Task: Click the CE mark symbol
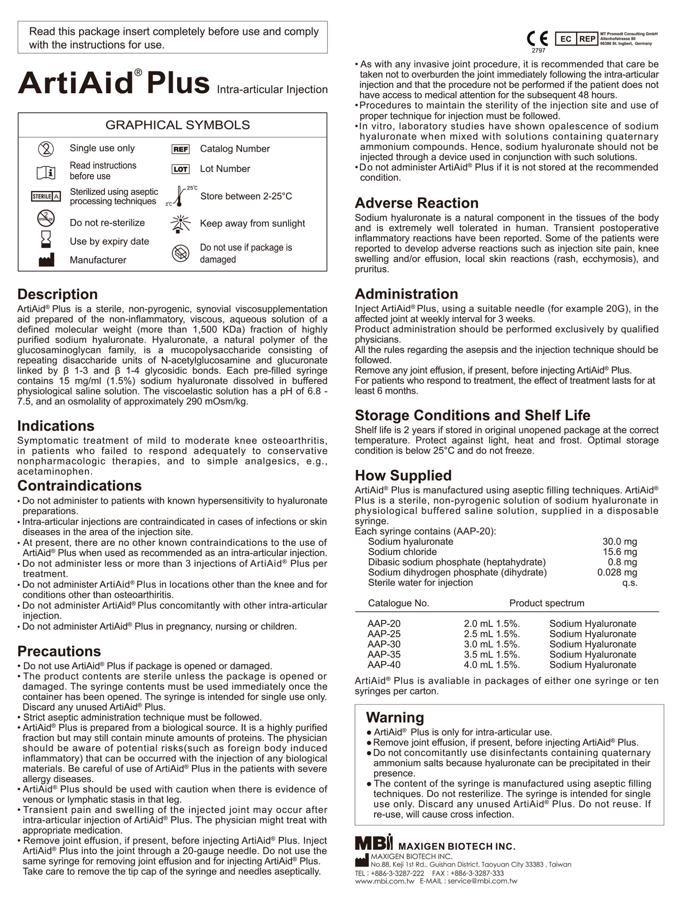click(537, 39)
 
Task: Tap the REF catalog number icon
click(180, 149)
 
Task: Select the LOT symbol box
click(180, 169)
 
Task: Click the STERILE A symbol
click(46, 197)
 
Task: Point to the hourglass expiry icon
click(46, 239)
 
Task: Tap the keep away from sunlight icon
click(180, 223)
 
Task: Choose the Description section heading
click(57, 294)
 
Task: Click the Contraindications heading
click(80, 486)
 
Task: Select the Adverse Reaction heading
click(417, 203)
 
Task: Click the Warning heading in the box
click(395, 717)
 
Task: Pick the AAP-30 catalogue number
click(384, 644)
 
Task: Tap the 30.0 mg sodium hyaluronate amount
click(619, 542)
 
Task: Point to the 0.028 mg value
click(617, 572)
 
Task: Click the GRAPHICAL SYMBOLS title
click(177, 125)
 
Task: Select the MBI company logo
click(373, 843)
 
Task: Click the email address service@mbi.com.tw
click(482, 881)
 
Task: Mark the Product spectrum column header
click(546, 603)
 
